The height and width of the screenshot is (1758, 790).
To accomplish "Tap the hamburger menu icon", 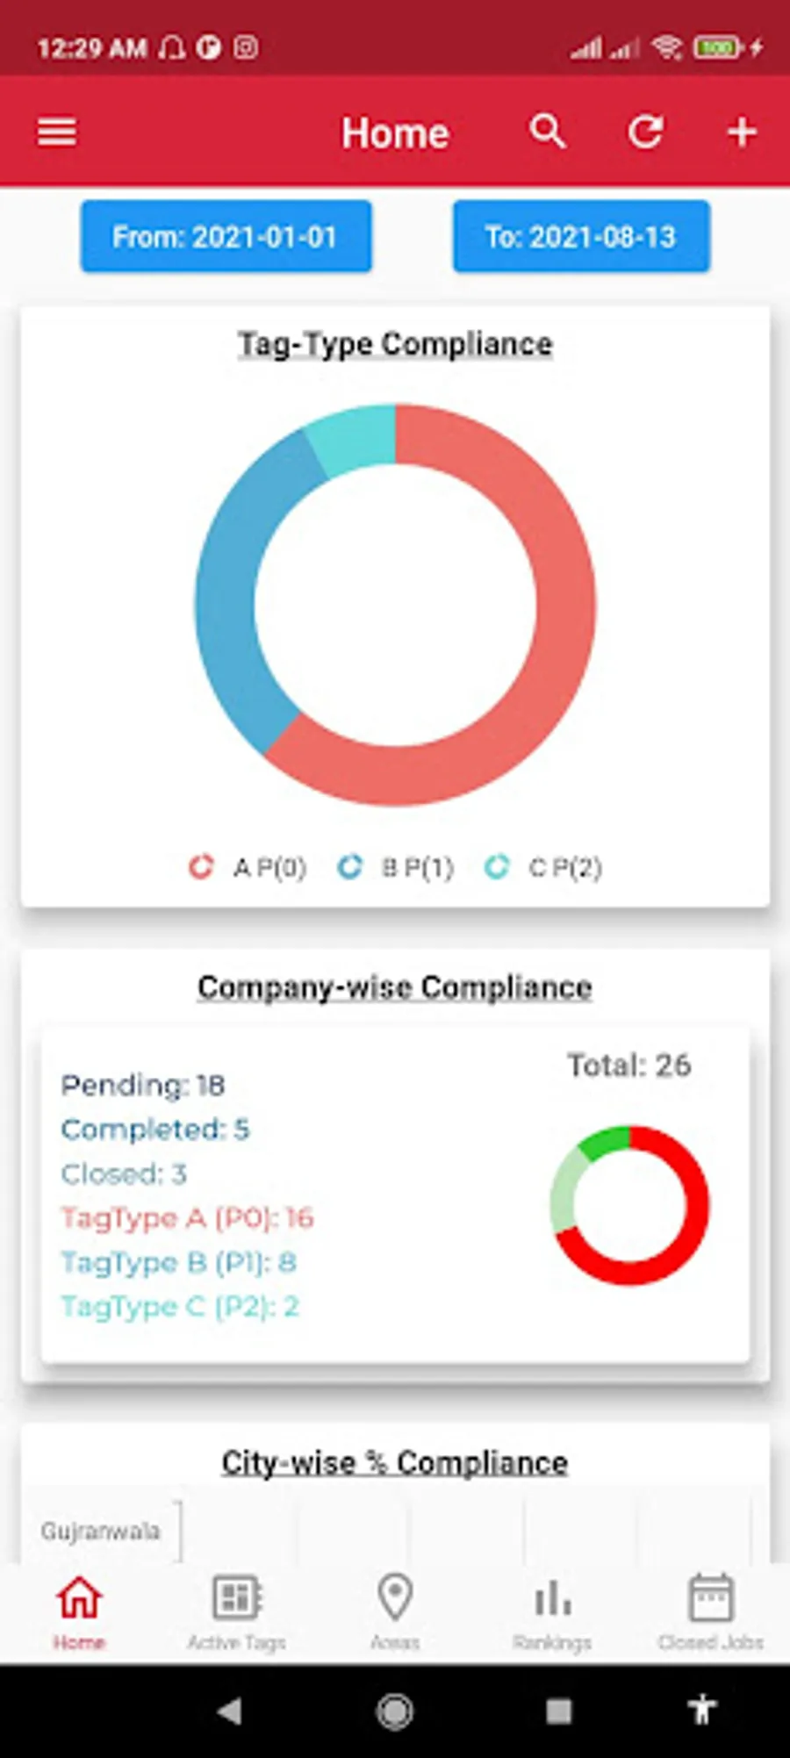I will pyautogui.click(x=57, y=133).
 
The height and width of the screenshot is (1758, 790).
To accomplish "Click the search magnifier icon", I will pyautogui.click(x=547, y=132).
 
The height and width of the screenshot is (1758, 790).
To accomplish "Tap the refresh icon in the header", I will pyautogui.click(x=645, y=132).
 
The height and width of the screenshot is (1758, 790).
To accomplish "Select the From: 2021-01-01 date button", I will pyautogui.click(x=226, y=236).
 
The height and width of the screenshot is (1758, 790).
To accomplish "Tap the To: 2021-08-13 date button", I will pyautogui.click(x=581, y=236).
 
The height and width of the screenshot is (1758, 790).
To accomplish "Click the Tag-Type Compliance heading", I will pyautogui.click(x=395, y=344).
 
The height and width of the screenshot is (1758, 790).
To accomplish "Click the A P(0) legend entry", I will pyautogui.click(x=248, y=867).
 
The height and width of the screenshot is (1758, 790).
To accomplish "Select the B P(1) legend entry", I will pyautogui.click(x=397, y=867).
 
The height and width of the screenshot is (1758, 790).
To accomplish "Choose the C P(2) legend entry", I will pyautogui.click(x=544, y=867).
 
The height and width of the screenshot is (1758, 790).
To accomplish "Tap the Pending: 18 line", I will pyautogui.click(x=143, y=1086).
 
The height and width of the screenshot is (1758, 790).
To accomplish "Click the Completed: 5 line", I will pyautogui.click(x=155, y=1130).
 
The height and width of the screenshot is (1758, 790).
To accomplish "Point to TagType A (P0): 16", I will pyautogui.click(x=187, y=1218).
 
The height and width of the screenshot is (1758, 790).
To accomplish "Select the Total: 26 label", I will pyautogui.click(x=629, y=1065).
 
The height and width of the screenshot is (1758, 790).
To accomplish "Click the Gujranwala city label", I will pyautogui.click(x=100, y=1532).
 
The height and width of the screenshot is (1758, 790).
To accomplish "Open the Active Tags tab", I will pyautogui.click(x=237, y=1611).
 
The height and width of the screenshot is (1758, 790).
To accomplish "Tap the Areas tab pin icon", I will pyautogui.click(x=395, y=1597).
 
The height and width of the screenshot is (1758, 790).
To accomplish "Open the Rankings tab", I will pyautogui.click(x=552, y=1611).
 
